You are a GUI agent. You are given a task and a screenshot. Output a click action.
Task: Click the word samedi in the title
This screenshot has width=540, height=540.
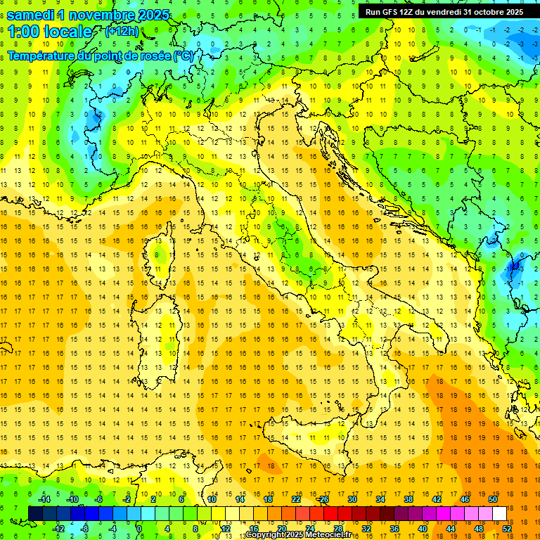pyautogui.click(x=32, y=15)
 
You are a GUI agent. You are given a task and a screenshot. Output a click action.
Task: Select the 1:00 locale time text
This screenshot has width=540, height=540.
pyautogui.click(x=49, y=32)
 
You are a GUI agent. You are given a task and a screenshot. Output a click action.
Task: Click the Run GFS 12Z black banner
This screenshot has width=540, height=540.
pyautogui.click(x=443, y=11)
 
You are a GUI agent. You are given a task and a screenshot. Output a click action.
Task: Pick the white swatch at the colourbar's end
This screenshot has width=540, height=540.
pyautogui.click(x=499, y=513)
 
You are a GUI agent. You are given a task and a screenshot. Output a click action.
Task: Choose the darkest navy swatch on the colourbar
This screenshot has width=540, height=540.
pyautogui.click(x=35, y=513)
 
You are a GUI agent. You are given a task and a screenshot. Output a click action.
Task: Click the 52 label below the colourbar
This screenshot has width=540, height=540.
pyautogui.click(x=506, y=528)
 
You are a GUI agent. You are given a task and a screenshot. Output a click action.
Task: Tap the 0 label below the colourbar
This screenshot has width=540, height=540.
pyautogui.click(x=140, y=528)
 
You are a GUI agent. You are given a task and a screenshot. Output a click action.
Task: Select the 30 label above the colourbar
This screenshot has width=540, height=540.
pyautogui.click(x=352, y=499)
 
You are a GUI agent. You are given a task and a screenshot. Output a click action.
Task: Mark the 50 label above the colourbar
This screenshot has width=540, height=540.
pyautogui.click(x=493, y=499)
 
